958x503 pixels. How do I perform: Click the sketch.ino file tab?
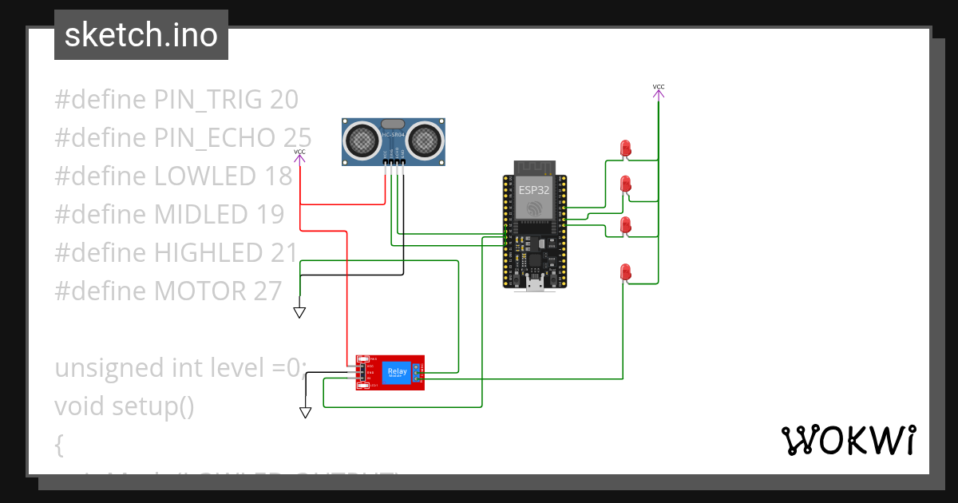pyautogui.click(x=141, y=35)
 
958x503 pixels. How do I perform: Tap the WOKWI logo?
pyautogui.click(x=847, y=440)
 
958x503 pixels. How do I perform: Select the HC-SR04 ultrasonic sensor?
pyautogui.click(x=394, y=142)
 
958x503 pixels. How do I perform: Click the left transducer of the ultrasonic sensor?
pyautogui.click(x=362, y=141)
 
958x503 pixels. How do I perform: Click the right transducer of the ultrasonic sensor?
pyautogui.click(x=426, y=141)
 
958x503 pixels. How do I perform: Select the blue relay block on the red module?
pyautogui.click(x=396, y=372)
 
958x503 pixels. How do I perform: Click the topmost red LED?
pyautogui.click(x=625, y=148)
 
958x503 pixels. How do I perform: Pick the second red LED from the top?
pyautogui.click(x=625, y=185)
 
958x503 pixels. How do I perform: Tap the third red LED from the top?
pyautogui.click(x=625, y=225)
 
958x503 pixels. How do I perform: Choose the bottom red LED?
pyautogui.click(x=625, y=271)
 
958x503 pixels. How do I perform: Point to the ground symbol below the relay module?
pyautogui.click(x=305, y=412)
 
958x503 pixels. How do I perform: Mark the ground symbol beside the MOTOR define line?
pyautogui.click(x=299, y=312)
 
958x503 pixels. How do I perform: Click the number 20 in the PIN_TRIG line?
pyautogui.click(x=284, y=100)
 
